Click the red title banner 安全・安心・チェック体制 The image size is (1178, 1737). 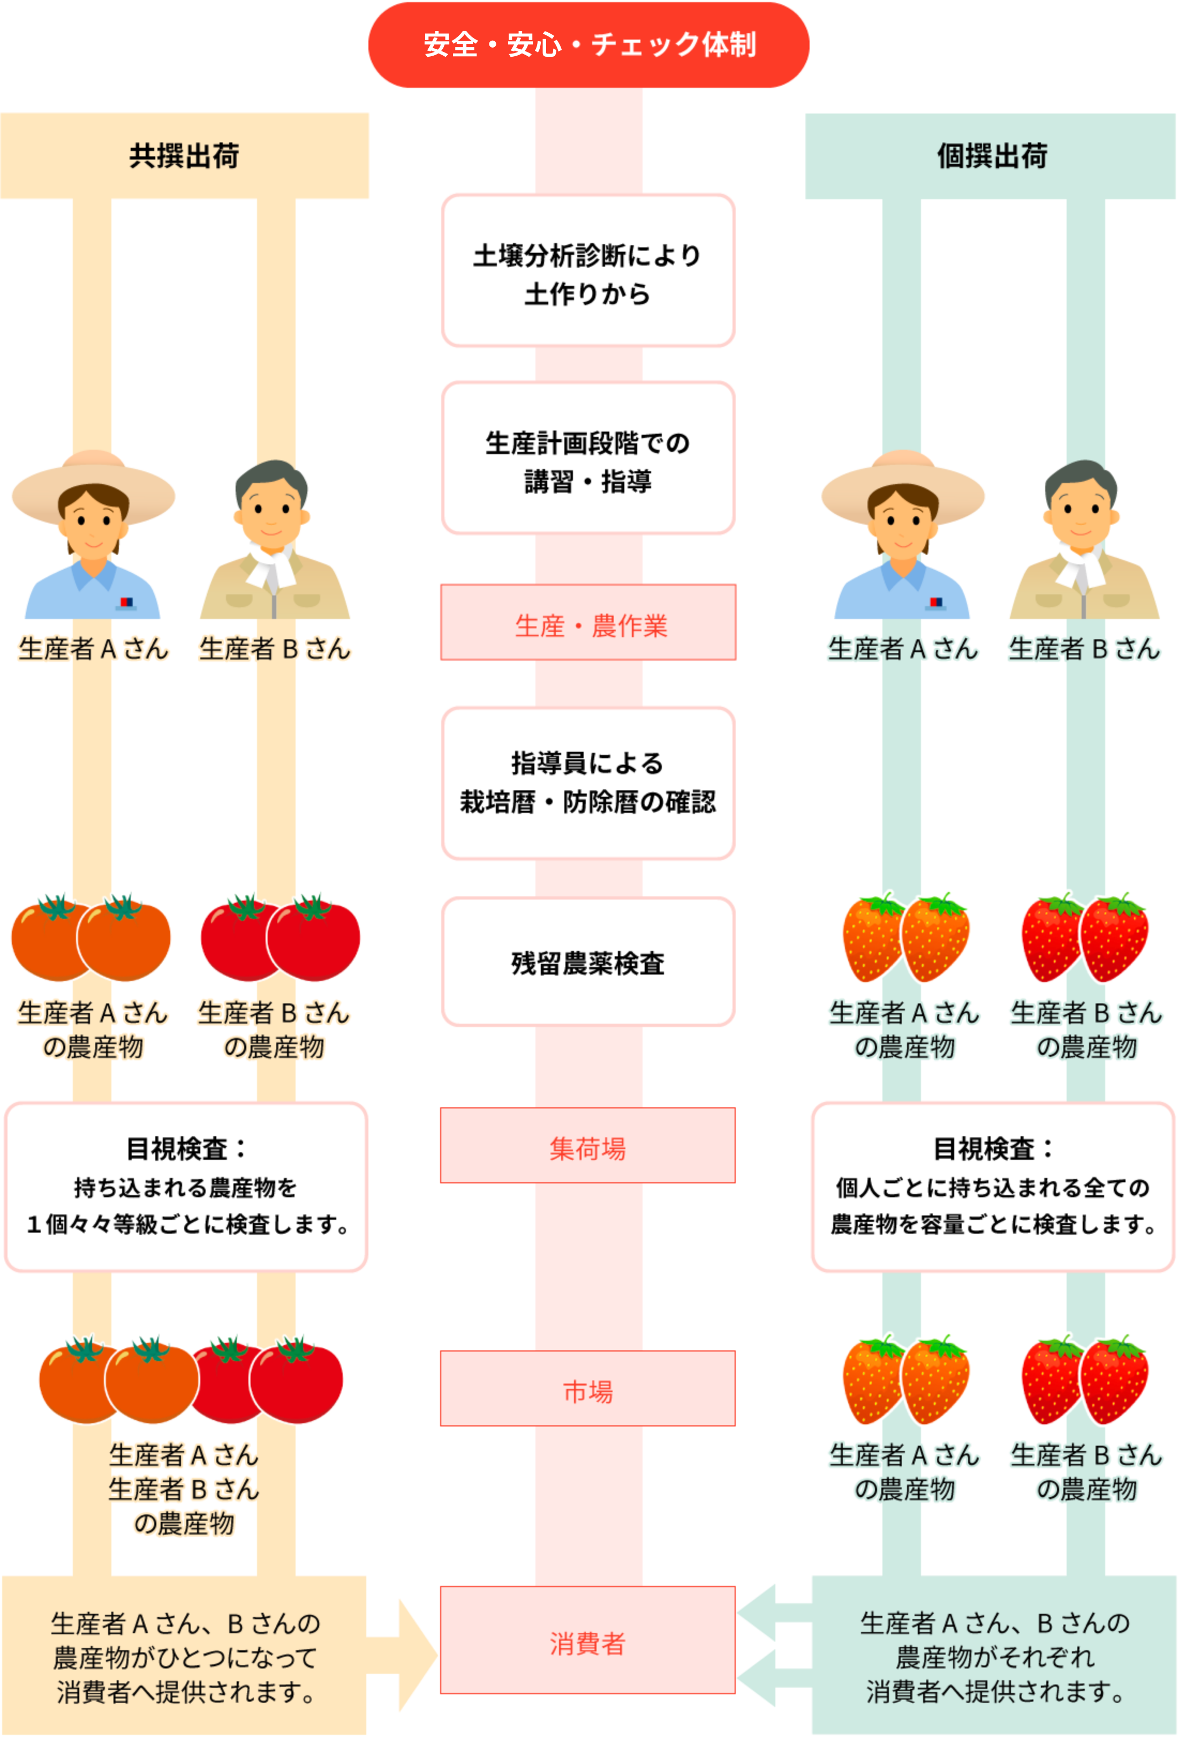[x=588, y=45]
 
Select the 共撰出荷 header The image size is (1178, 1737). [x=185, y=155]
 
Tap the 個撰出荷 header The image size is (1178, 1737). [x=991, y=155]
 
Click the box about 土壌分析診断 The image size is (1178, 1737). [x=588, y=270]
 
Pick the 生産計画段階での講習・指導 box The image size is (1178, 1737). [x=588, y=458]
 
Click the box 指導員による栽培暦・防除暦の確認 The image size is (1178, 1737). [x=588, y=782]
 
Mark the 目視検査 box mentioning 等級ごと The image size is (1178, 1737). [x=185, y=1187]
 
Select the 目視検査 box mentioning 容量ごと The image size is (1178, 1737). [x=993, y=1187]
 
